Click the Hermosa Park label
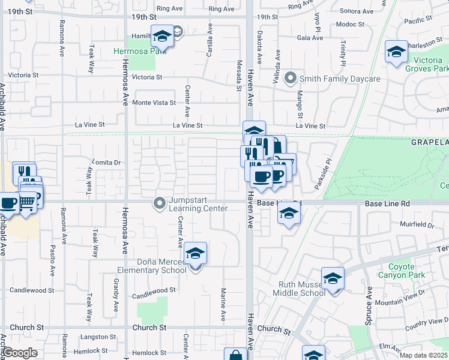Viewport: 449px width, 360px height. click(136, 51)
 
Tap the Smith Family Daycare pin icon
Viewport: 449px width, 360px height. click(291, 79)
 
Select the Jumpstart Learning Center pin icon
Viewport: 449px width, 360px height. click(160, 205)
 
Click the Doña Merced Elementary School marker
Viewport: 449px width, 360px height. click(196, 254)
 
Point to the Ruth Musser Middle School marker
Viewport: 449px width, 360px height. click(333, 279)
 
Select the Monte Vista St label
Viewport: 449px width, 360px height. click(154, 103)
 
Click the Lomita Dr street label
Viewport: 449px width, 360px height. click(106, 162)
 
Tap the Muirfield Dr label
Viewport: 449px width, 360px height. click(417, 225)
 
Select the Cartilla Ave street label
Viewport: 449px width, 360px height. click(209, 40)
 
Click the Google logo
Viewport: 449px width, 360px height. click(20, 353)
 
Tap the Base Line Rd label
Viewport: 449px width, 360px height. click(387, 204)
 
